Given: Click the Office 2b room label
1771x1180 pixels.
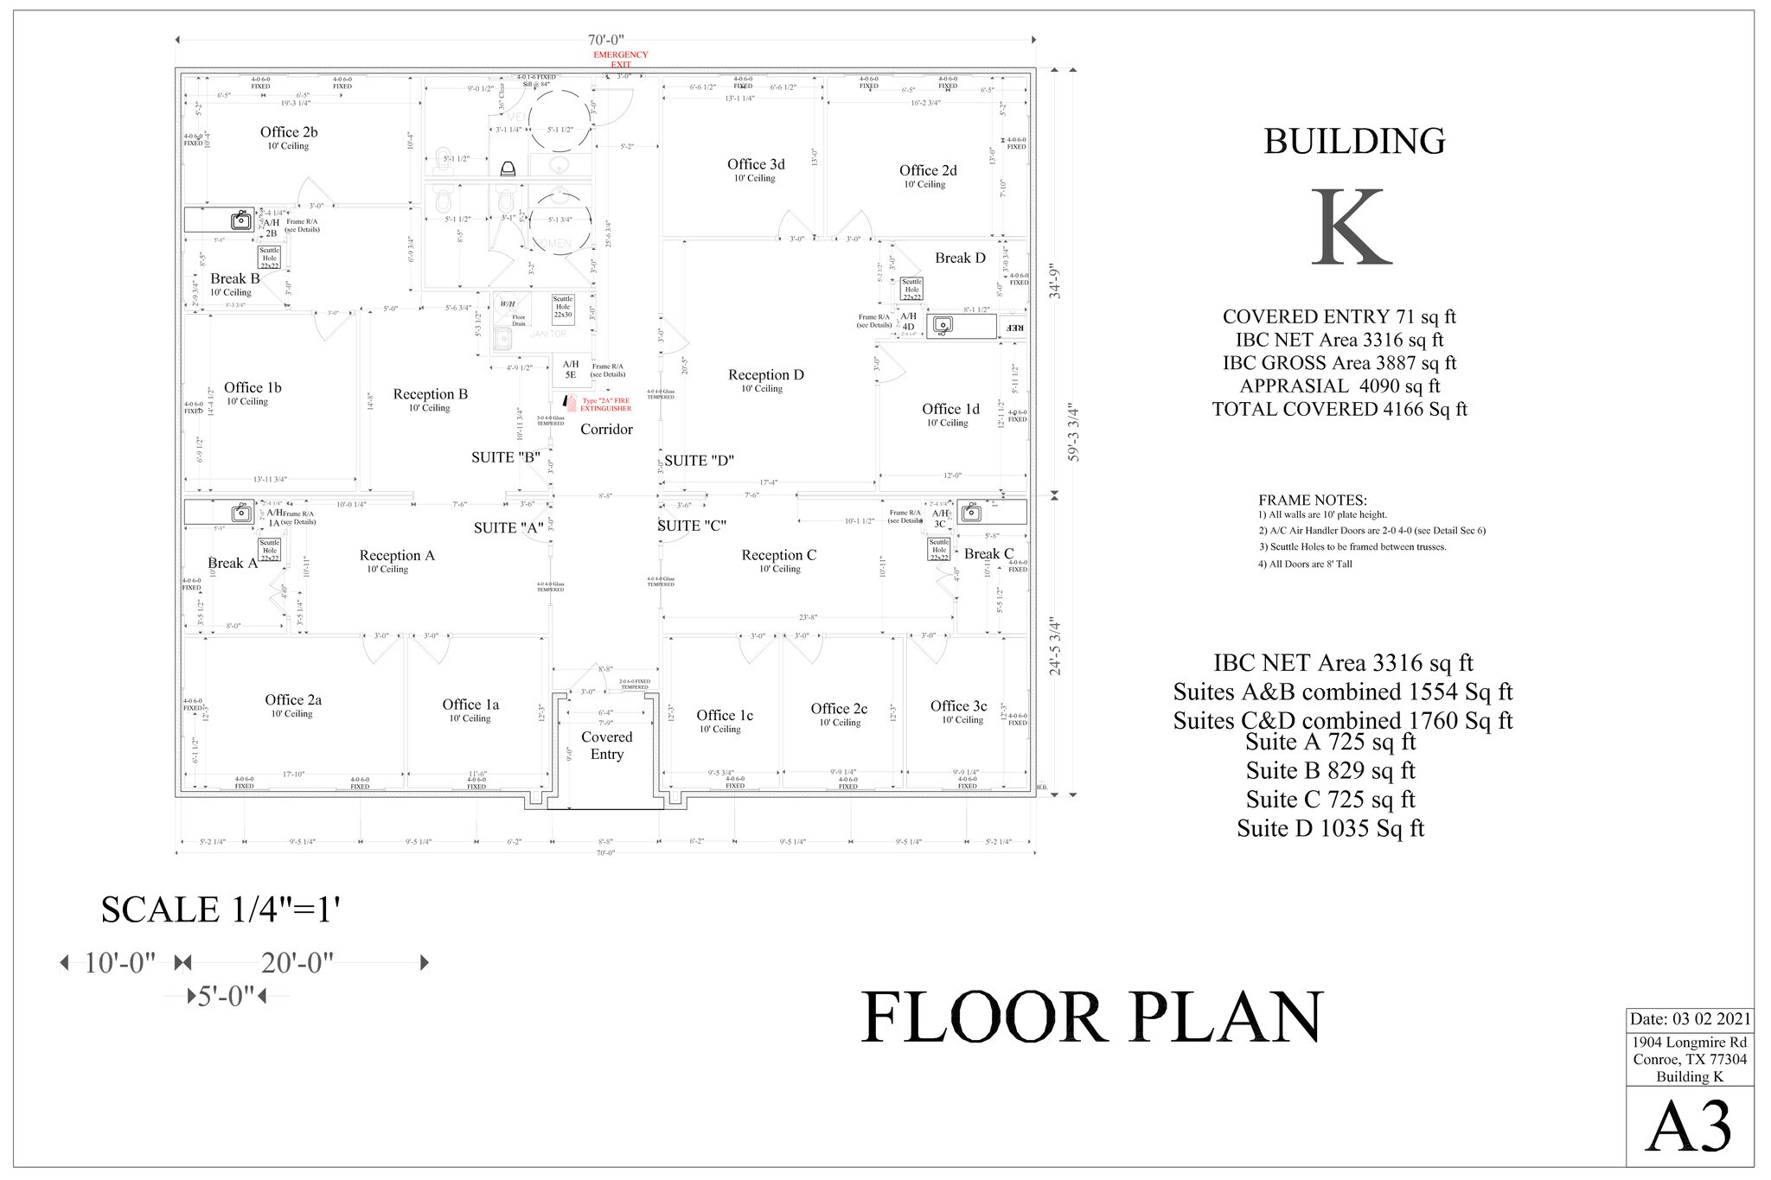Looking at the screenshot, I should coord(289,132).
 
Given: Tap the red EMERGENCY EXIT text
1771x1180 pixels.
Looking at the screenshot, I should coord(620,59).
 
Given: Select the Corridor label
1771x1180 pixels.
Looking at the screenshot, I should coord(606,430).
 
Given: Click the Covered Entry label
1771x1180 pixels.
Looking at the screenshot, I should coord(606,745).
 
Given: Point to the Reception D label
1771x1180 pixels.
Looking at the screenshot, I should coord(765,375).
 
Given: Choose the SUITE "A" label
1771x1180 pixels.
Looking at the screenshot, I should coord(508,528).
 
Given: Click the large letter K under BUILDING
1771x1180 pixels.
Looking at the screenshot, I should coord(1351,229).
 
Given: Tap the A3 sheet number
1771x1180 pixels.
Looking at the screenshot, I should coord(1688,1127).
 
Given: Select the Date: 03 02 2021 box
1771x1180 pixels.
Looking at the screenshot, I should coord(1690,1019).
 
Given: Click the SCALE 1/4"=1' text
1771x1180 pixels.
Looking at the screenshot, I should coord(221,909).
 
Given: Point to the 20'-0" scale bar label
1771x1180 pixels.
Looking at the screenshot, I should coord(297,963).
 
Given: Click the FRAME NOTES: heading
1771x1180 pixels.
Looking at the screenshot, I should coord(1312,501).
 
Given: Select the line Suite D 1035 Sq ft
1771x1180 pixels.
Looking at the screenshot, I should coord(1330,828).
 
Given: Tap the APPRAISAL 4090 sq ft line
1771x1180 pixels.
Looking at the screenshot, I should coord(1339,386).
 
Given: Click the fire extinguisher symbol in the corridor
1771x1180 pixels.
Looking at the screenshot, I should coord(569,402).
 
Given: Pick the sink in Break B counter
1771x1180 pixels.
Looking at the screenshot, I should coord(240,220).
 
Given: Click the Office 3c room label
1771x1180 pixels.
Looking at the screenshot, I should coord(958,706).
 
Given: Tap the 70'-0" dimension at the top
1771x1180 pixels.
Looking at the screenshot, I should coord(605,40).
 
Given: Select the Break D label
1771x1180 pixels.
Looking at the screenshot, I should coord(960,258).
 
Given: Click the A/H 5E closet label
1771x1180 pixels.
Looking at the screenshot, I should coord(571,369).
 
